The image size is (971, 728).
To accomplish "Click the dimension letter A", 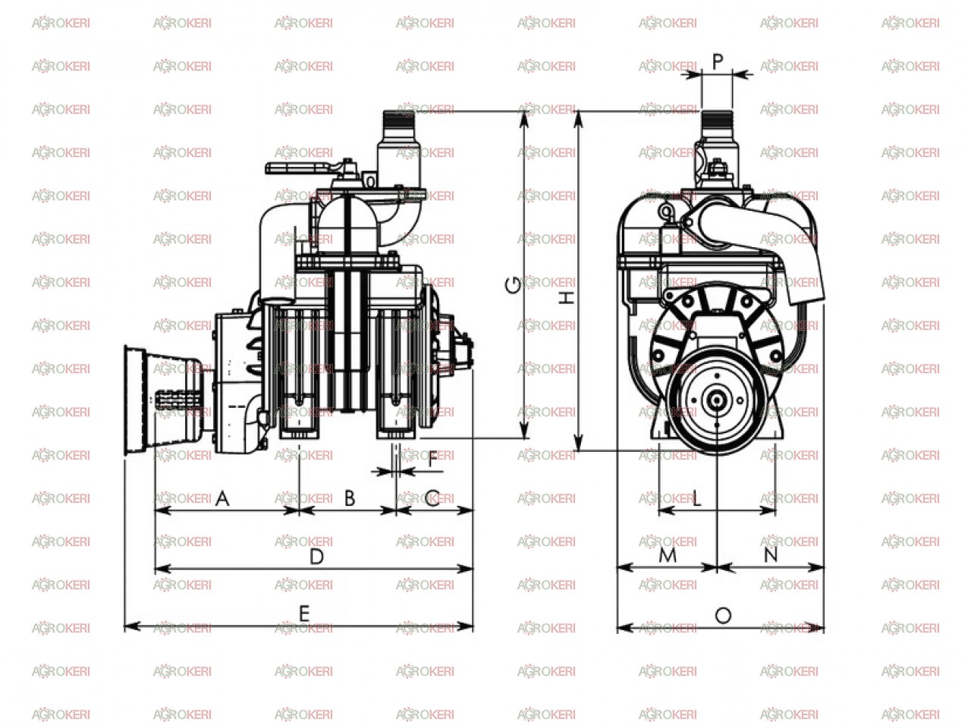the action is click(222, 498).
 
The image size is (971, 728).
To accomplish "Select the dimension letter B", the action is click(350, 498).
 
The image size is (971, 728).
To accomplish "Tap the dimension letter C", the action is click(432, 498).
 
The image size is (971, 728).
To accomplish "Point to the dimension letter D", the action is click(317, 557).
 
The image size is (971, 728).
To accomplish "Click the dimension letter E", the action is click(304, 614).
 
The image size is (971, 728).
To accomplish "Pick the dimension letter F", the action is click(432, 460).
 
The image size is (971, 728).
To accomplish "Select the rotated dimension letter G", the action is click(513, 285).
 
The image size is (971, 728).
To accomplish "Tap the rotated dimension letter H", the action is click(566, 297).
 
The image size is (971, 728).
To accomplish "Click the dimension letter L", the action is click(696, 498).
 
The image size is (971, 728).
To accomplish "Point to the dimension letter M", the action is click(668, 555).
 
